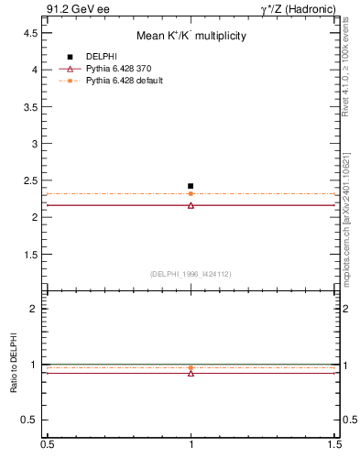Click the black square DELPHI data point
pyautogui.click(x=191, y=186)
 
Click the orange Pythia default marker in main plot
pyautogui.click(x=191, y=193)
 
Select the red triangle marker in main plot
pyautogui.click(x=191, y=205)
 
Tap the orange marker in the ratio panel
pyautogui.click(x=191, y=367)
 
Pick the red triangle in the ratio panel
pyautogui.click(x=191, y=373)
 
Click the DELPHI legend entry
pyautogui.click(x=100, y=56)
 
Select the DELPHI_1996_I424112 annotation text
pyautogui.click(x=191, y=274)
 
